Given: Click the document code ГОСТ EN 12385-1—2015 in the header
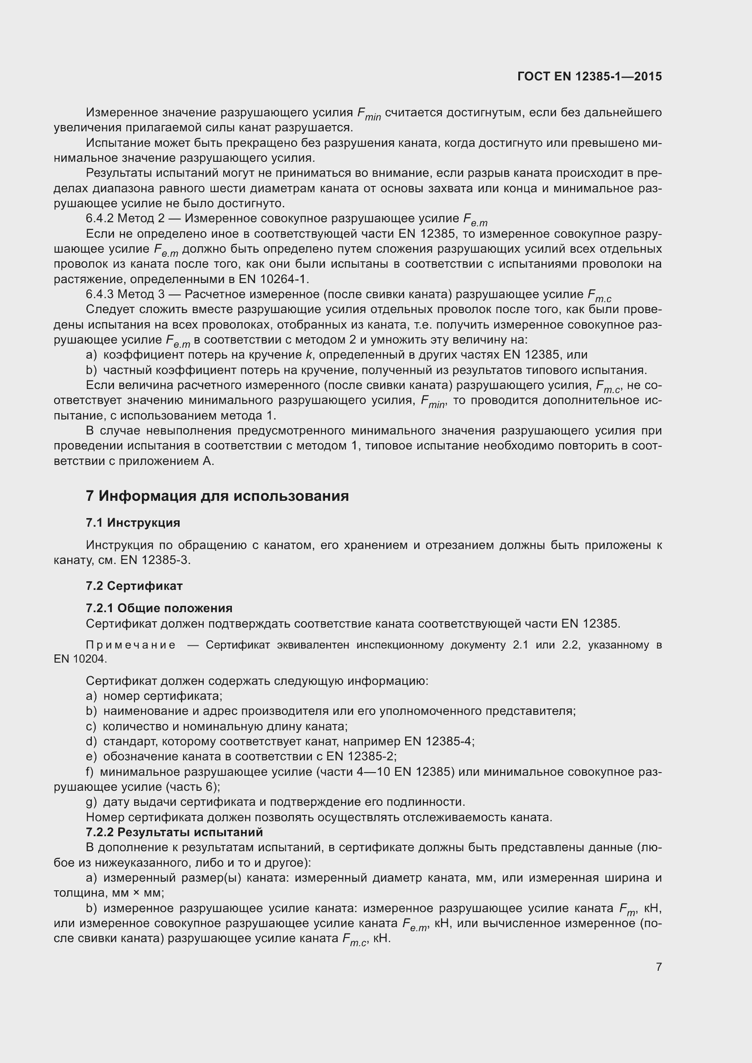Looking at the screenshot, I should point(590,76).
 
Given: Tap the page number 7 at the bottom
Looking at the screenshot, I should point(658,967).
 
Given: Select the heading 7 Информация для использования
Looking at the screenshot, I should point(217,496).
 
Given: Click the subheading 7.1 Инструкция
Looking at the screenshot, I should point(133,523).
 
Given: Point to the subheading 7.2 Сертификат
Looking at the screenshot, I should point(134,586).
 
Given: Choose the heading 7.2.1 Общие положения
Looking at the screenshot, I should point(159,608).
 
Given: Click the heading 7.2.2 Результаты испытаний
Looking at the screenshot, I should point(174,832).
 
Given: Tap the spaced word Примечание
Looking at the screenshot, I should point(131,645).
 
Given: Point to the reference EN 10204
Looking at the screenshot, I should point(80,659).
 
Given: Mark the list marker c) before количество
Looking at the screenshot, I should point(91,726).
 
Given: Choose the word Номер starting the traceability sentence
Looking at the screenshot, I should point(105,817).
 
